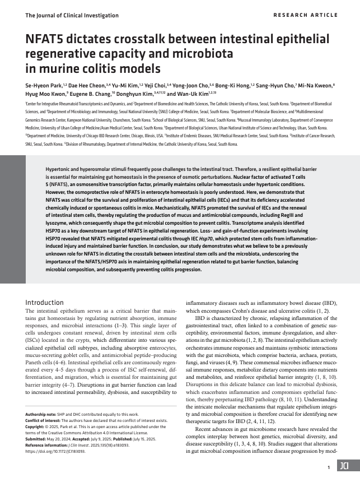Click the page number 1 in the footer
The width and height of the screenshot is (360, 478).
(x=328, y=466)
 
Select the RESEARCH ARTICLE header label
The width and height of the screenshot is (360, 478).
(x=305, y=15)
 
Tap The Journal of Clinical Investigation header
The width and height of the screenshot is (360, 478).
(x=72, y=15)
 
